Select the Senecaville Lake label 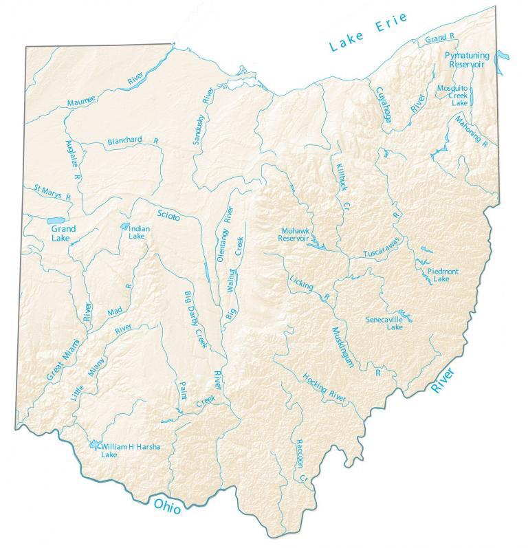pos(385,323)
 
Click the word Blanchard pos(124,140)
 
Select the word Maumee pos(82,102)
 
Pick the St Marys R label pos(47,192)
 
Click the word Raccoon pos(297,454)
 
